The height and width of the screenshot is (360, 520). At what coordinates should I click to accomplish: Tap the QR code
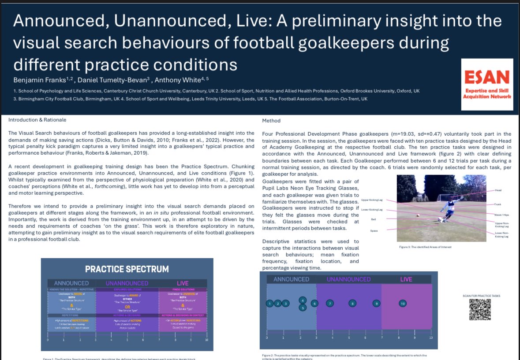[479, 310]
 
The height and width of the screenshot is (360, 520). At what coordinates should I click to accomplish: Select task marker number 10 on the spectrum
[403, 303]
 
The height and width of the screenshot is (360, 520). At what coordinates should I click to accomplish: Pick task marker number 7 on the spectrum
[329, 303]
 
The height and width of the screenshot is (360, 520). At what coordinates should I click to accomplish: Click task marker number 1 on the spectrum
[269, 303]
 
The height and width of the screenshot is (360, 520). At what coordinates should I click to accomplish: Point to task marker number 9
[376, 303]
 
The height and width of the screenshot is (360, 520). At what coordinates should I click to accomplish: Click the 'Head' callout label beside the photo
[498, 190]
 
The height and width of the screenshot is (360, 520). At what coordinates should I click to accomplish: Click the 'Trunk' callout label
[498, 204]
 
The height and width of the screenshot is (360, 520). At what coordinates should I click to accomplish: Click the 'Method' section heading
[271, 120]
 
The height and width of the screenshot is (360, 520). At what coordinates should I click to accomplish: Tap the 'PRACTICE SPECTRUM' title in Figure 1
[127, 269]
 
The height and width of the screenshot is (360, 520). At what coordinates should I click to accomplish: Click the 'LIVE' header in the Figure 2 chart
[406, 279]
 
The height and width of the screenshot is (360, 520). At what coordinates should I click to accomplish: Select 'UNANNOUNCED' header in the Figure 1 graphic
[127, 283]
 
